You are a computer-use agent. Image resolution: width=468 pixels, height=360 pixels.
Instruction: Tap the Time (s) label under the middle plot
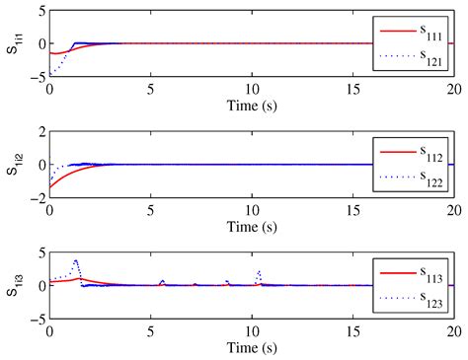coord(251,223)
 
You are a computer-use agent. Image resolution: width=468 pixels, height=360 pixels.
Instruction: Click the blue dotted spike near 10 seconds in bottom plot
coord(259,272)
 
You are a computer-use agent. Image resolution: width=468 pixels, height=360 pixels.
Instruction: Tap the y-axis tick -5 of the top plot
coord(38,76)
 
